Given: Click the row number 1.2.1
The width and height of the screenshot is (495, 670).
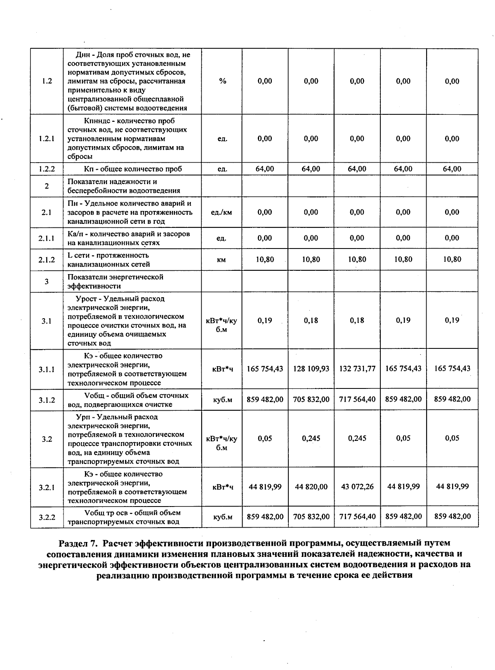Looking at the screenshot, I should pos(47,139).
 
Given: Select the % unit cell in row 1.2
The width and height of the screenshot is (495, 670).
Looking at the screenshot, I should pos(222,81).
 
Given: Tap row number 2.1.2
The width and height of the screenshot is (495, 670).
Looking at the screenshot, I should pos(47,260).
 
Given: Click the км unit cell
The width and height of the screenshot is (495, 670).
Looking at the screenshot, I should pos(222,260).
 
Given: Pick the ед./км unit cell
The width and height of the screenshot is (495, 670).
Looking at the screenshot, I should pos(222,212).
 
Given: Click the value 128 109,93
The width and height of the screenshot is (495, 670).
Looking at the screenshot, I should pos(311,369).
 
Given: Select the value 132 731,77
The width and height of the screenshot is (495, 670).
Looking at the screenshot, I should pos(357,369).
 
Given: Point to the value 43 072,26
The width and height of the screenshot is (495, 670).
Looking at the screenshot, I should pos(357,487).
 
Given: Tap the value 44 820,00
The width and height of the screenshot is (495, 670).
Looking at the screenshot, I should pos(311,487).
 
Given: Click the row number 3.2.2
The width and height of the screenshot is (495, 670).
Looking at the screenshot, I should pos(47,517).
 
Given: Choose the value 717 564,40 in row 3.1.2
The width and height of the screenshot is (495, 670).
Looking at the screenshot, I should pos(357,399).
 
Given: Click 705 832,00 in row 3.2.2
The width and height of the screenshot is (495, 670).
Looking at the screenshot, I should pos(311,516).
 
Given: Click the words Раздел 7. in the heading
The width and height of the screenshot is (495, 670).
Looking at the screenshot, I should pos(79,543).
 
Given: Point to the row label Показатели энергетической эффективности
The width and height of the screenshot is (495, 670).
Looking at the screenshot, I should pos(115,281).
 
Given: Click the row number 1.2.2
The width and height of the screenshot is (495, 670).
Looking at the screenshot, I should pos(47,169).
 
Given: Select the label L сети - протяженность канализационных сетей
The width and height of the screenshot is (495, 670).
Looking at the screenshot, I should pos(108,260).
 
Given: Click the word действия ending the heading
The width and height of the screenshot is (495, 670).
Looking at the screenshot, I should pos(392,575).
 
